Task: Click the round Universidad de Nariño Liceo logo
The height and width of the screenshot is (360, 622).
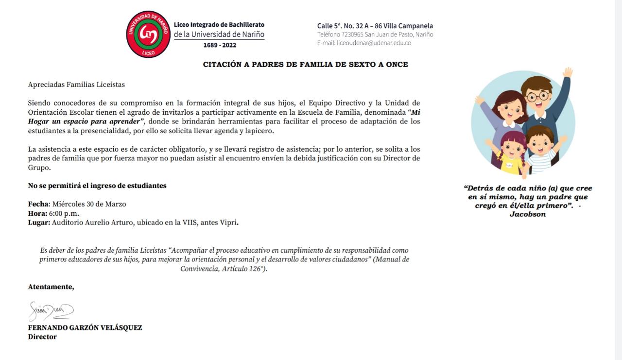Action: [x=148, y=34]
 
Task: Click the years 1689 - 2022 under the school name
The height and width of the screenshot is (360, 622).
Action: [x=220, y=45]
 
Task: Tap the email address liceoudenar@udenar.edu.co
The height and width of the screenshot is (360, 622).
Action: [x=374, y=43]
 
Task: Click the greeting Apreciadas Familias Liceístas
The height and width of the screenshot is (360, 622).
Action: [x=76, y=85]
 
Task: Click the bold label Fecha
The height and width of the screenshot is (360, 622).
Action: [x=38, y=204]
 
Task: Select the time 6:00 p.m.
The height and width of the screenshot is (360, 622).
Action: [x=64, y=213]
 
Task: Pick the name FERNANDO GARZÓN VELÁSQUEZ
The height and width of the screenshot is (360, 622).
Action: [x=85, y=327]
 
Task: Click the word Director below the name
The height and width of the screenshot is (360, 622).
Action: [x=42, y=337]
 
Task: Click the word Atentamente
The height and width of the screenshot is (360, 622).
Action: [x=51, y=287]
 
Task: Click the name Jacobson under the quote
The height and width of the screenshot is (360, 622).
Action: [x=527, y=214]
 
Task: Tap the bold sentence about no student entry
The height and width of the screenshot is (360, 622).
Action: [x=97, y=186]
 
